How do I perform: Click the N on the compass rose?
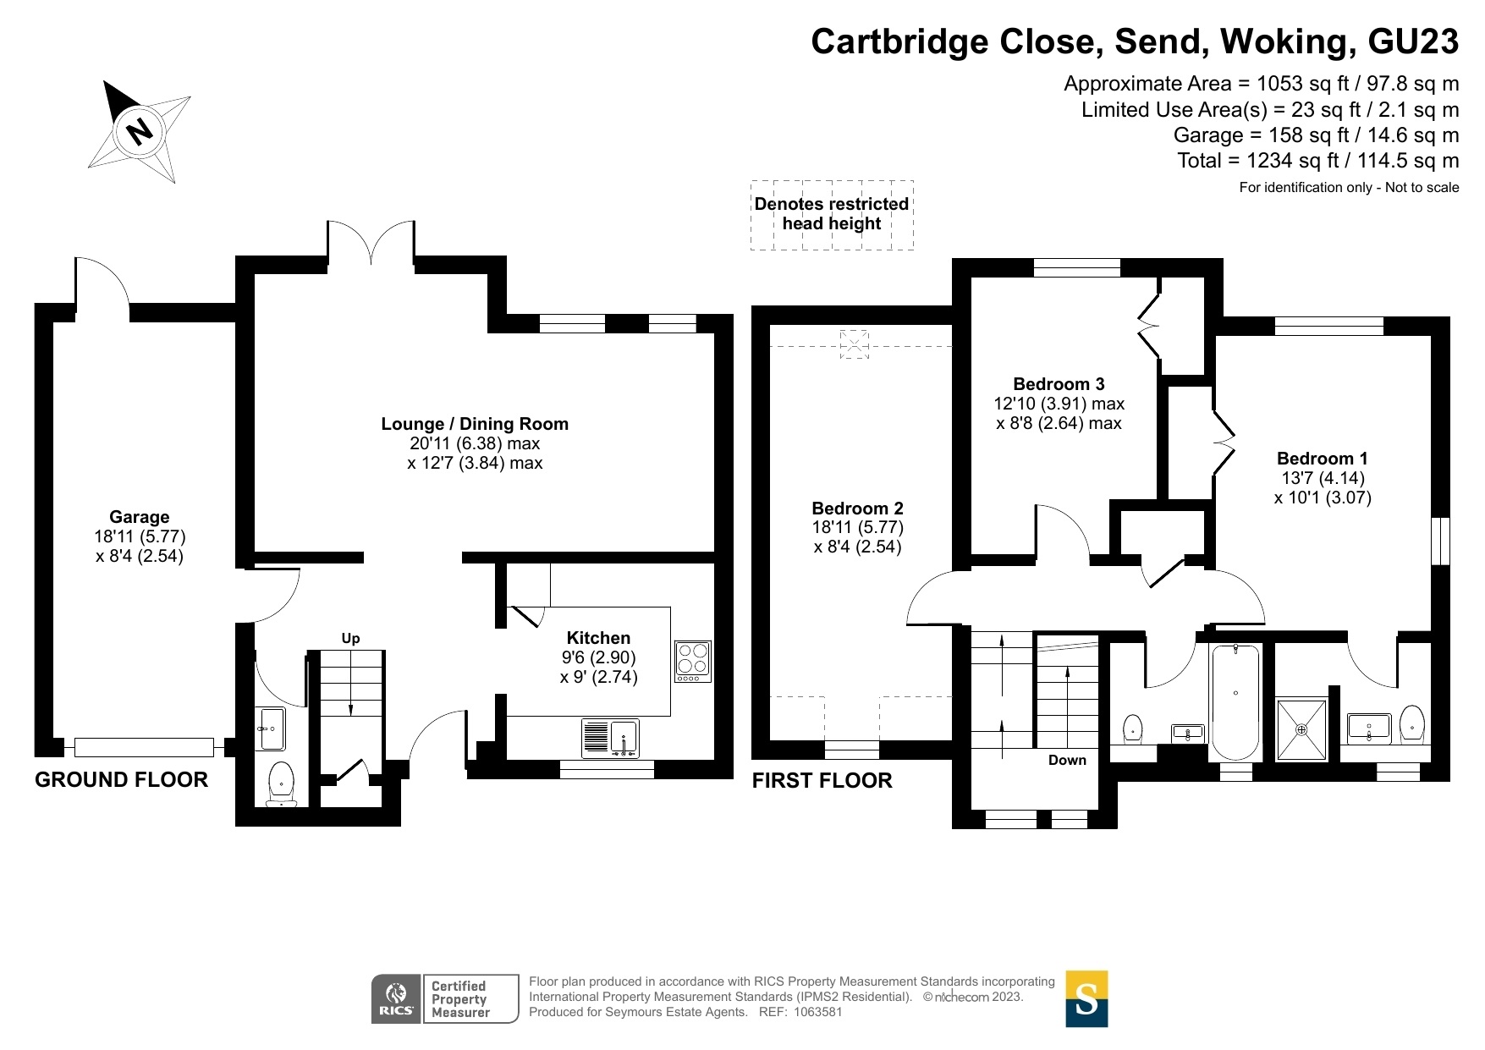coord(138,131)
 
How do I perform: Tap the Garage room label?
coord(140,517)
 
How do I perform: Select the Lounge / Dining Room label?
coord(475,424)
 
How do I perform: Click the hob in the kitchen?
coord(693,662)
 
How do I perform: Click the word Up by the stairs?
coord(350,638)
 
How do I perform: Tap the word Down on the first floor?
coord(1067,760)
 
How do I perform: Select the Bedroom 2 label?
coord(857,509)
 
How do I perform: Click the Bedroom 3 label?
coord(1059,384)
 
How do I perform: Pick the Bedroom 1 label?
coord(1322,459)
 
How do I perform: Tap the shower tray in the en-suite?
coord(1302,728)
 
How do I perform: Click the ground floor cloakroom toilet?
coord(280,783)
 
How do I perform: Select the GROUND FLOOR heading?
coord(121,780)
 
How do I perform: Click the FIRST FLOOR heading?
coord(822,781)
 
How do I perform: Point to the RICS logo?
coord(395,998)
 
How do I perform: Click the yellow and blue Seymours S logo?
coord(1086,998)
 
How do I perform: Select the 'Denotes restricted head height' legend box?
coord(832,215)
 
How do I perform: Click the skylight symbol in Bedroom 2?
coord(854,344)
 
